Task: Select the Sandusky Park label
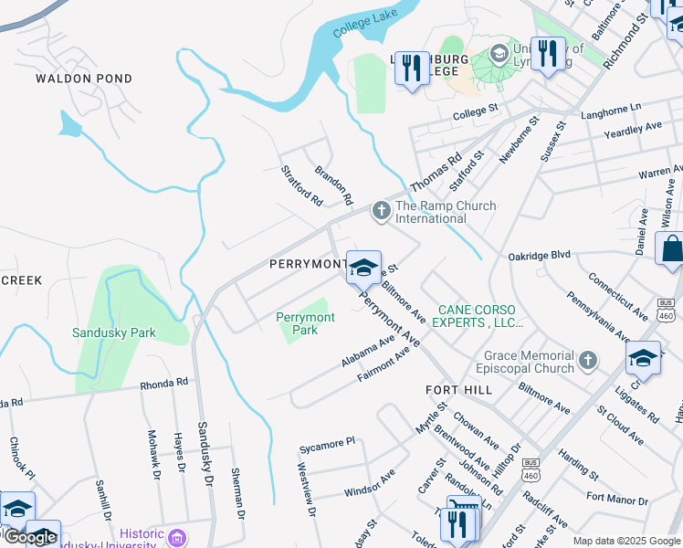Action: [x=114, y=333]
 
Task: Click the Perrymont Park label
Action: [x=306, y=323]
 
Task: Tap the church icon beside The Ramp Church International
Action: [x=381, y=212]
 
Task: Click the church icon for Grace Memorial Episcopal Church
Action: [x=589, y=362]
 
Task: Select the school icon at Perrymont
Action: [x=363, y=268]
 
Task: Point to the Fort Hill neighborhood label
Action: [x=459, y=390]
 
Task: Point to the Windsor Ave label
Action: [x=369, y=485]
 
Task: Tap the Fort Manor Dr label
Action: [x=617, y=500]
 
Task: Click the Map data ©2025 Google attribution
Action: [x=625, y=542]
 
